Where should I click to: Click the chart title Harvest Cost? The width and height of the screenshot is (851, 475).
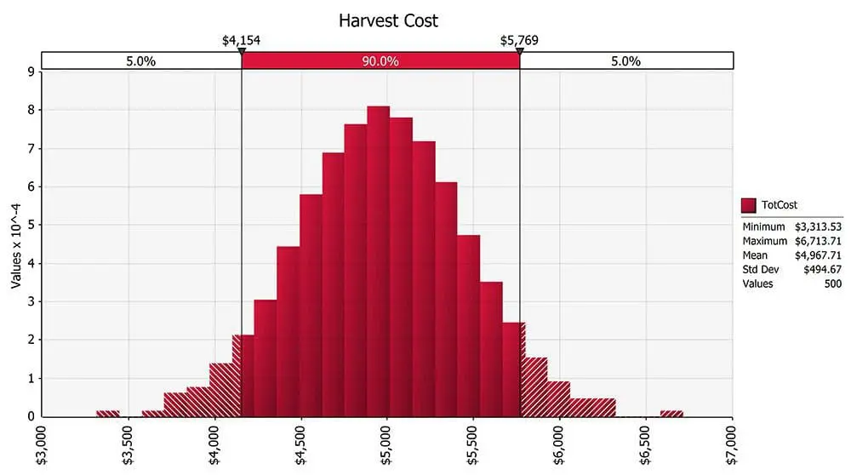tap(389, 20)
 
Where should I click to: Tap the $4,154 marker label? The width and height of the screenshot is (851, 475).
tap(242, 40)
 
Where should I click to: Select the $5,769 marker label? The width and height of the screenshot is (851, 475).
tap(520, 40)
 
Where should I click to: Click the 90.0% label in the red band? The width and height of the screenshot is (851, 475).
tap(380, 61)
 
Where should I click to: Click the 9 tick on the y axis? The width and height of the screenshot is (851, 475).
tap(31, 72)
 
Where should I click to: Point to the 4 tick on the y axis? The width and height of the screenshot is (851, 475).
tap(31, 263)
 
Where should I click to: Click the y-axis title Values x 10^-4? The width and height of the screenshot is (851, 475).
tap(16, 245)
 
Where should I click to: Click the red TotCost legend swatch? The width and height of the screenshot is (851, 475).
tap(749, 205)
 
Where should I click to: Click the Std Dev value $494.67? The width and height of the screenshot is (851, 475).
tap(822, 270)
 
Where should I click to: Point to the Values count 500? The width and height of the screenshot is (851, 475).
tap(831, 283)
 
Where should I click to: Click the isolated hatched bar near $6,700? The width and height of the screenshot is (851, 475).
tap(671, 414)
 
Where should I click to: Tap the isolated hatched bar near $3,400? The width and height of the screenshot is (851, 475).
tap(108, 414)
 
